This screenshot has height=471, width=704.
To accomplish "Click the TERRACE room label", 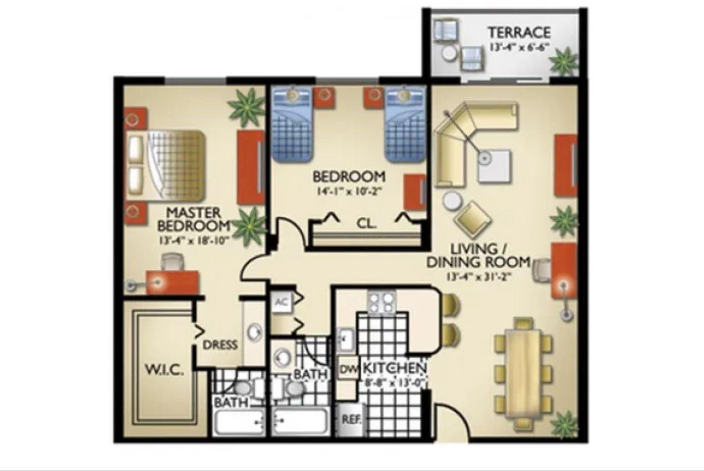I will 519,32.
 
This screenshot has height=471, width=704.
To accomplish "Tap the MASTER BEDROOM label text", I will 194,219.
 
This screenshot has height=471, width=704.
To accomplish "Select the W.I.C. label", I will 164,370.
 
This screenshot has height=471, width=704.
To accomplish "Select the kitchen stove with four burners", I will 381,302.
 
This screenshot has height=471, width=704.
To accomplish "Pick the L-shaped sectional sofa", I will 462,137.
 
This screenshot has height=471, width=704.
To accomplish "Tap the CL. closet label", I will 367,223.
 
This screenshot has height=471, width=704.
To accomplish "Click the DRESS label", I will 220,345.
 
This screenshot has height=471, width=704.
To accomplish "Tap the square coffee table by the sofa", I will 494,165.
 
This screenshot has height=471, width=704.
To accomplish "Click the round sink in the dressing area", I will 254,332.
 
